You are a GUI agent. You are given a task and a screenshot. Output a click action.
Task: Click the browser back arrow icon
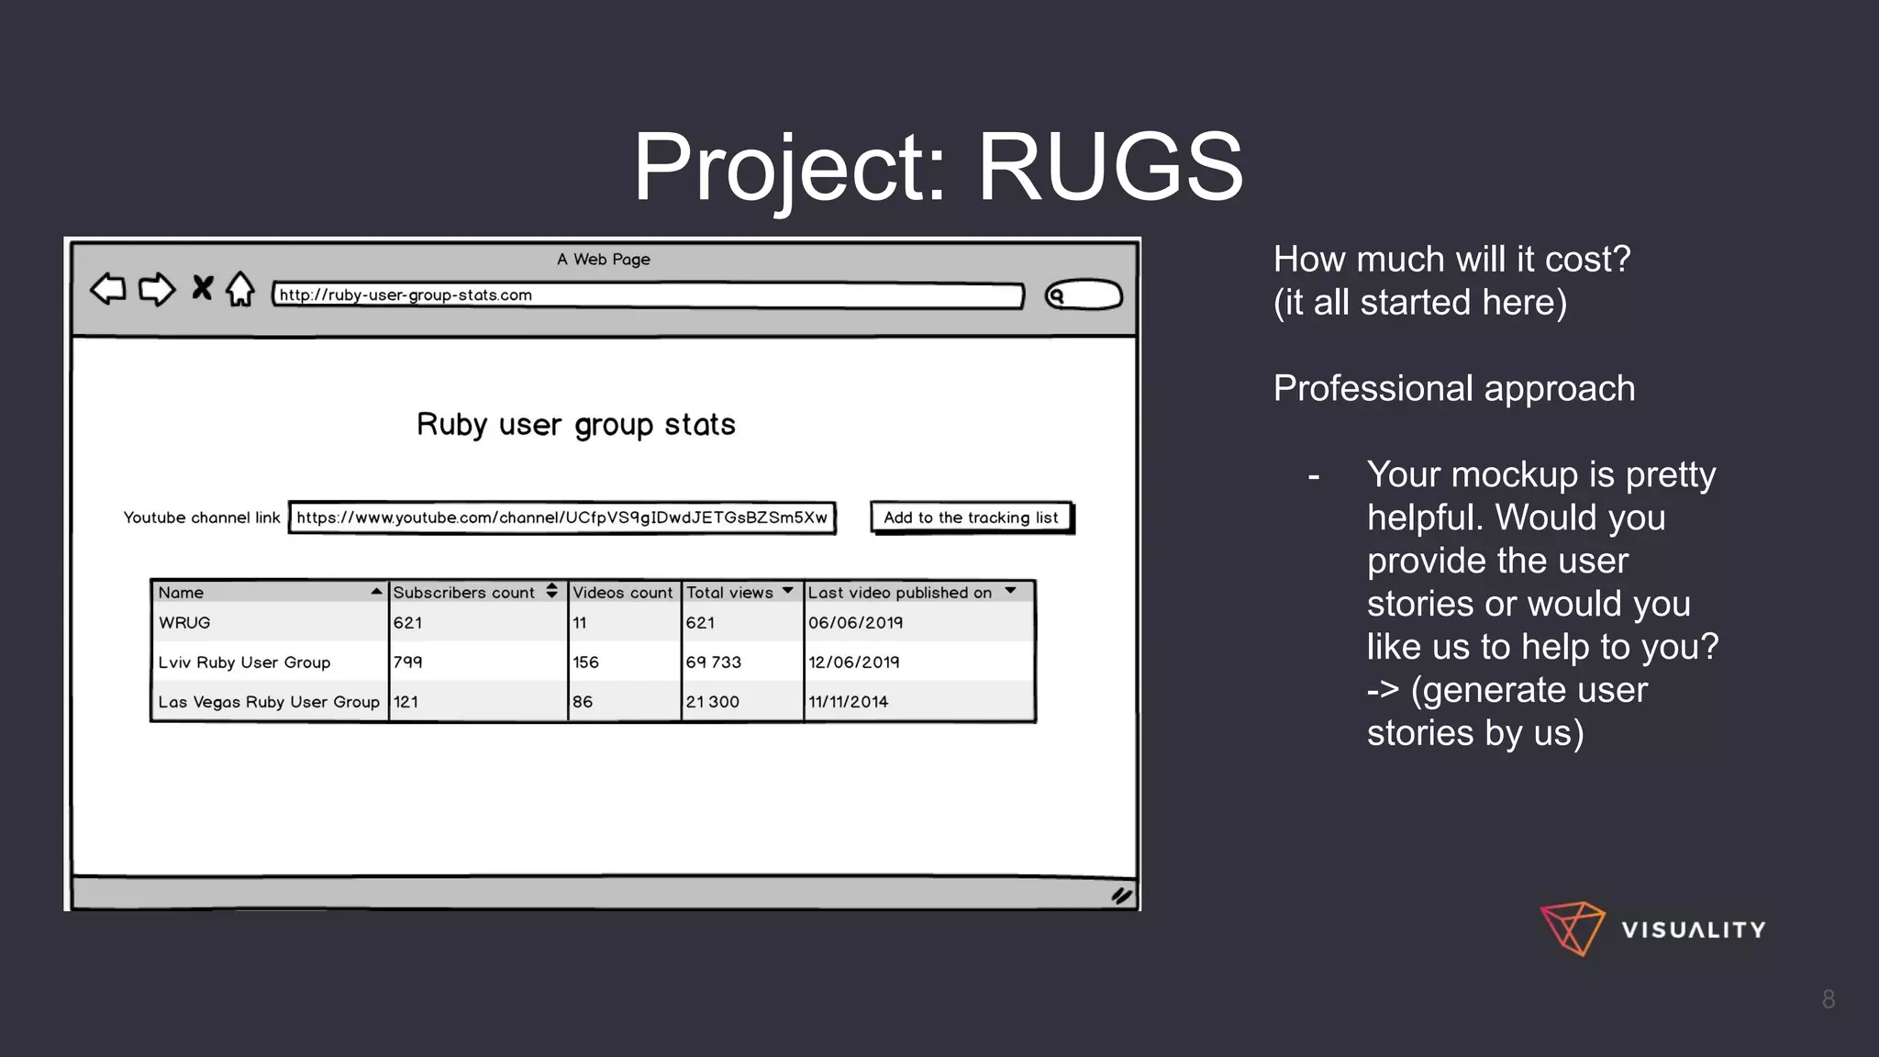(x=108, y=289)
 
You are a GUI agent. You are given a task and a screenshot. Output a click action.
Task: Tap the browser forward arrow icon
(x=157, y=289)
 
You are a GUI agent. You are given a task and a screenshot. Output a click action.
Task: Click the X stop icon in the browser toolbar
(x=202, y=288)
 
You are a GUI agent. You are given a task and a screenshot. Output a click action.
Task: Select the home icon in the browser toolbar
(x=240, y=289)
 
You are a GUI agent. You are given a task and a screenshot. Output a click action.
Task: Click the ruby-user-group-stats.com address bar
(x=648, y=295)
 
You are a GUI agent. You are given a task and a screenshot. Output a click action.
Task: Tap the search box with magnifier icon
(x=1084, y=295)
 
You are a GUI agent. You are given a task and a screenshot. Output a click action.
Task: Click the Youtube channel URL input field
(x=561, y=517)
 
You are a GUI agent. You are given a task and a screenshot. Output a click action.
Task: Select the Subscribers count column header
(x=464, y=593)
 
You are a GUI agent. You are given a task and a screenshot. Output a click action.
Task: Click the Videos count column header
(x=623, y=593)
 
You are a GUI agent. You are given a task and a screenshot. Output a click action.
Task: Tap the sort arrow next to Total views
(x=787, y=591)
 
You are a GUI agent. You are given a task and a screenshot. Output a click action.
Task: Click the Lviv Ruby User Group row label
(x=244, y=662)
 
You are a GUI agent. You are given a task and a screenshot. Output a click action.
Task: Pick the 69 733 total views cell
(x=714, y=662)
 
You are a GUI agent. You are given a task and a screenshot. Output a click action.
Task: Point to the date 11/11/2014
(x=849, y=702)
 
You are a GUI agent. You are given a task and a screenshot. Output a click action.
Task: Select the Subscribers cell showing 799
(x=408, y=662)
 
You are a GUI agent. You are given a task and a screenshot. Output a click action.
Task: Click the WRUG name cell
(x=184, y=623)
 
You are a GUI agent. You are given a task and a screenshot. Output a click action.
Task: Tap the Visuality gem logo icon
(x=1573, y=929)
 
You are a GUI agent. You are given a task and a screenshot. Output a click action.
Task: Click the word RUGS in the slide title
(x=1110, y=167)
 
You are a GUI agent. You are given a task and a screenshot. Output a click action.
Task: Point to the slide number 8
(x=1828, y=999)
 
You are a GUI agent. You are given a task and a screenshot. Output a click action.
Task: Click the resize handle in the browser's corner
(x=1121, y=896)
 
